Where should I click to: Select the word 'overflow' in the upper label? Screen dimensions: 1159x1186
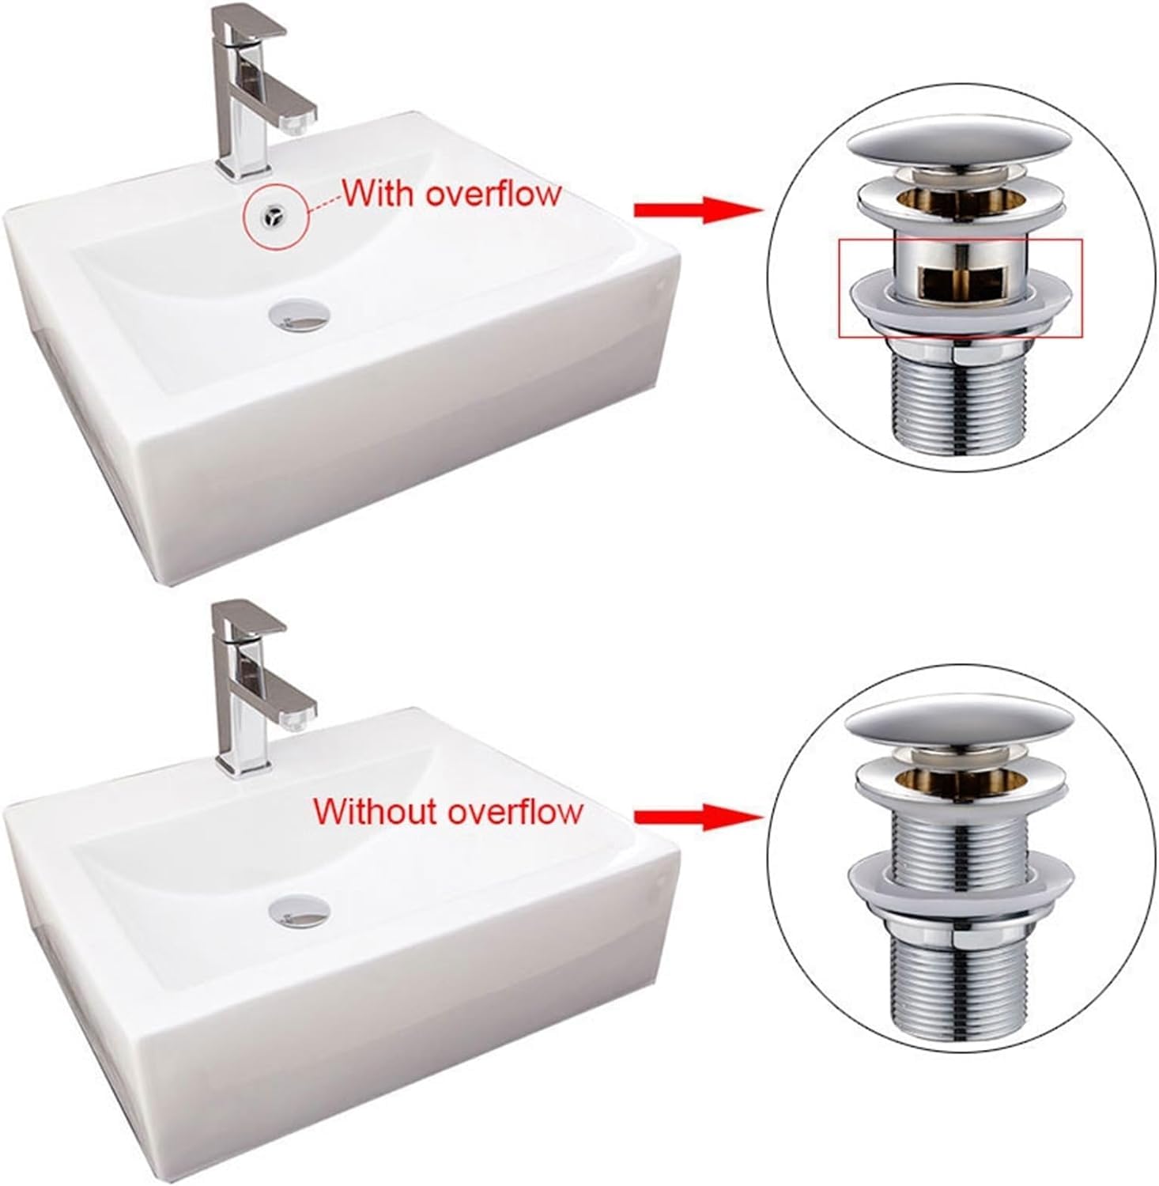(x=493, y=194)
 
